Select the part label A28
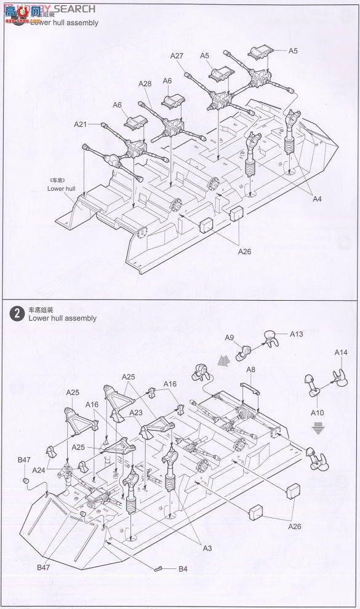coord(145,84)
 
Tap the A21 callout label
coord(81,124)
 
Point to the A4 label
coord(317,199)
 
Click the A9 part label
coord(229,337)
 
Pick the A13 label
coord(296,334)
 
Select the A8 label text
coord(250,369)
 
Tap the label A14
coord(341,352)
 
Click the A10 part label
coord(317,413)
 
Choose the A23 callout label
coord(136,413)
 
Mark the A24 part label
coord(39,469)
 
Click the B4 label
coord(183,569)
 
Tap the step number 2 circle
coord(17,313)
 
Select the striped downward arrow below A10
coord(318,428)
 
